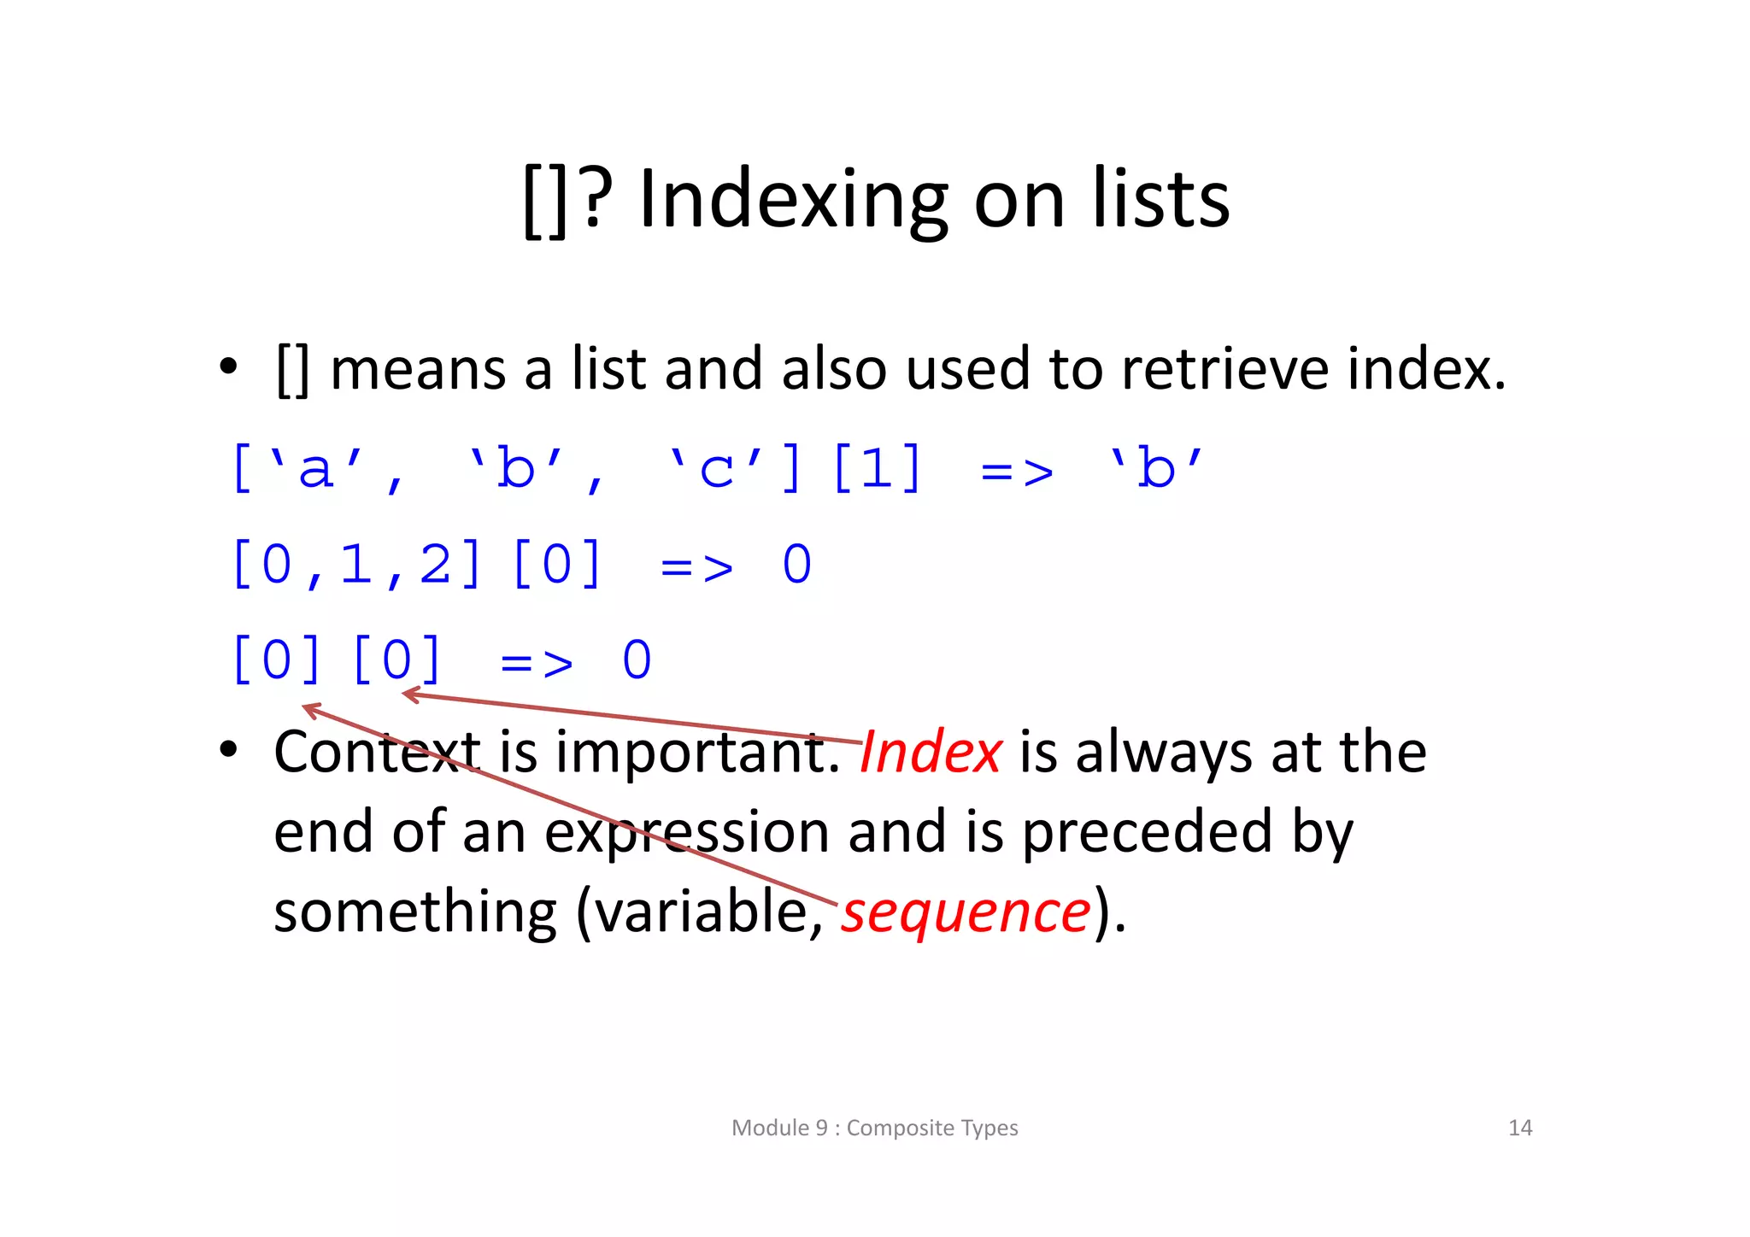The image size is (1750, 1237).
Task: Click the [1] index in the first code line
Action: pos(878,468)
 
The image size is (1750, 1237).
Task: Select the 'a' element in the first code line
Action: pos(316,468)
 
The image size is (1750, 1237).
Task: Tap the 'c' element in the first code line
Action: pos(716,468)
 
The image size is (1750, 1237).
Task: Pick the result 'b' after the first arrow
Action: pos(1156,468)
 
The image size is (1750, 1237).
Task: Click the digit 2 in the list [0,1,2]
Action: pos(436,565)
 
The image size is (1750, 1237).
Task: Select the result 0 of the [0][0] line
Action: pos(637,660)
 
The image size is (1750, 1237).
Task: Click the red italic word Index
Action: pos(931,753)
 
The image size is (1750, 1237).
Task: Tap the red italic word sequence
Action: pos(966,912)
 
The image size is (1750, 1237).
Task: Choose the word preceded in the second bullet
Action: pos(1148,832)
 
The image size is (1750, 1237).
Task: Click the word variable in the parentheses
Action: pos(701,912)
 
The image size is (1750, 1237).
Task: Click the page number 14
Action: pos(1520,1128)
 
